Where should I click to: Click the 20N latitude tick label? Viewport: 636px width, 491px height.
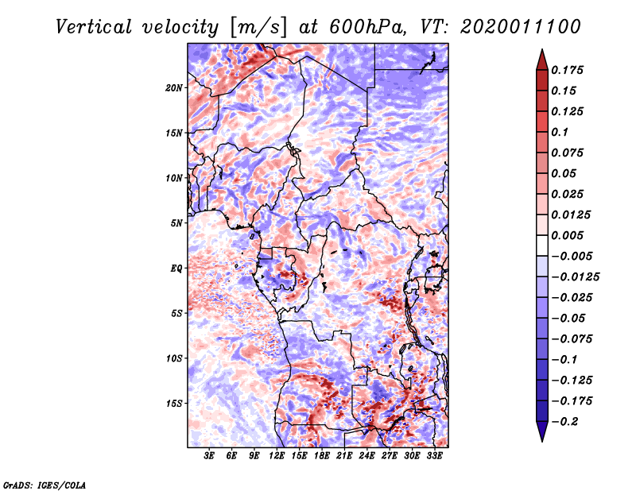[174, 87]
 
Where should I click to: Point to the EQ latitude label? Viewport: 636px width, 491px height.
[176, 269]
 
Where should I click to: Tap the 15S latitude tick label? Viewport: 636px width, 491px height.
[174, 404]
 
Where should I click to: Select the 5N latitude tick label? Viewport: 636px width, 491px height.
[176, 223]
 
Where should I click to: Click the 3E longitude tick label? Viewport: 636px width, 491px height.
[210, 457]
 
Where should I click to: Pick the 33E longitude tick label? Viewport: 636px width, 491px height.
[434, 457]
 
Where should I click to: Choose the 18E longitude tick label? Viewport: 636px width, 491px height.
[322, 457]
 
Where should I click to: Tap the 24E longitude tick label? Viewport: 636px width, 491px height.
[367, 457]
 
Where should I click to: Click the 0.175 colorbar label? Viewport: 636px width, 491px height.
[568, 70]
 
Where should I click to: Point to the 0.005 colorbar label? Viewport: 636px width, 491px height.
[568, 235]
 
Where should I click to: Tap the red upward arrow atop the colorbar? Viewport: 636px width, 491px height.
[541, 57]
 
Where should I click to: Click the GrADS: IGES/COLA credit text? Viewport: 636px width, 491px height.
[44, 484]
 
